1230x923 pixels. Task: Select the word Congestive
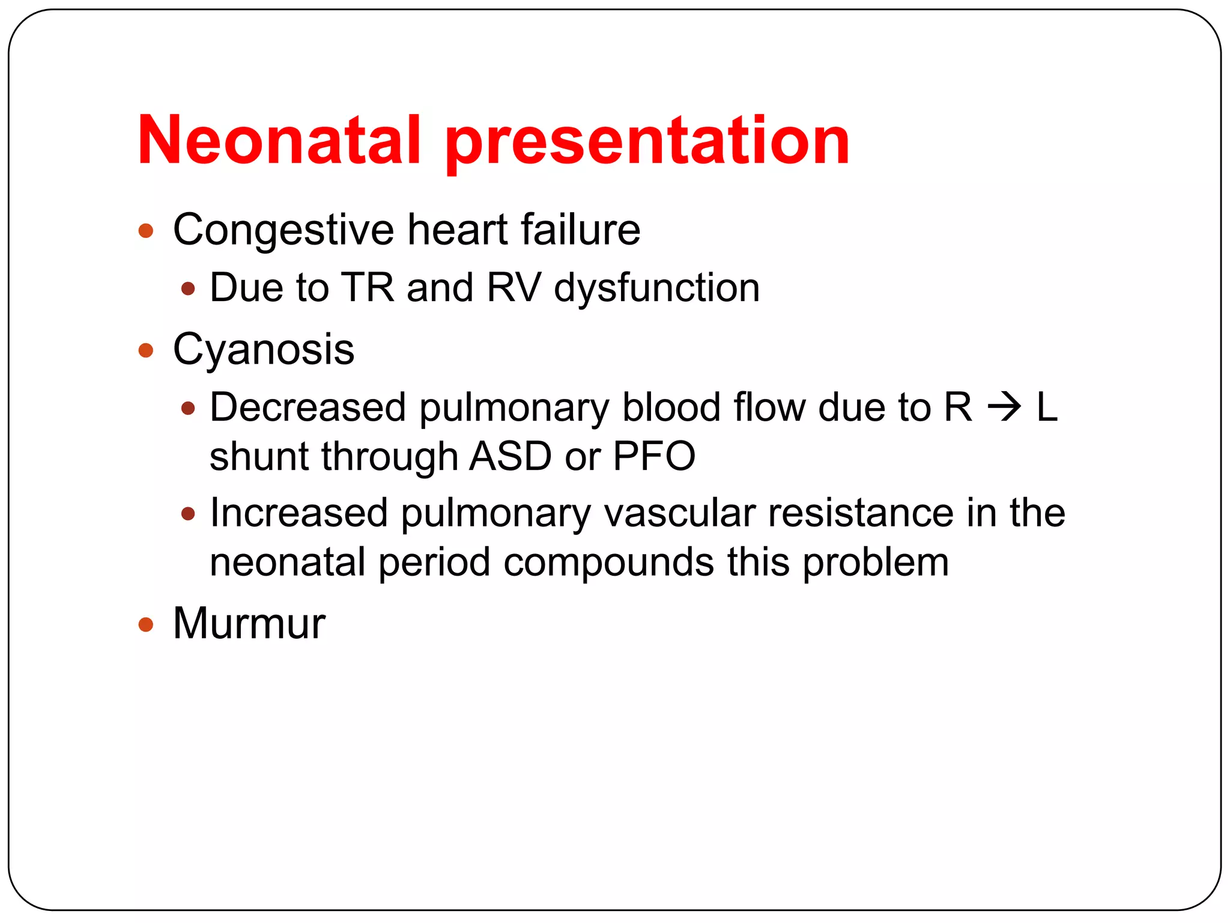tap(283, 231)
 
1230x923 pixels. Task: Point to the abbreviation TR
tap(367, 288)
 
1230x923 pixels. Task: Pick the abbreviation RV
tap(514, 288)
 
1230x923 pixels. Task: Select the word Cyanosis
tap(264, 350)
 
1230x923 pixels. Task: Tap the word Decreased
tap(307, 408)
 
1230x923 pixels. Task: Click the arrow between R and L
tap(1004, 408)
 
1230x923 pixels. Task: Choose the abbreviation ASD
tap(510, 457)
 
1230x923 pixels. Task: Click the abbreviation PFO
tap(654, 457)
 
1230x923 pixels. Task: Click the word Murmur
tap(249, 624)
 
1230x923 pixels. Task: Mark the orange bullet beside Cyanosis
tap(146, 350)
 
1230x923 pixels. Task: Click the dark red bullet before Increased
tap(188, 514)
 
